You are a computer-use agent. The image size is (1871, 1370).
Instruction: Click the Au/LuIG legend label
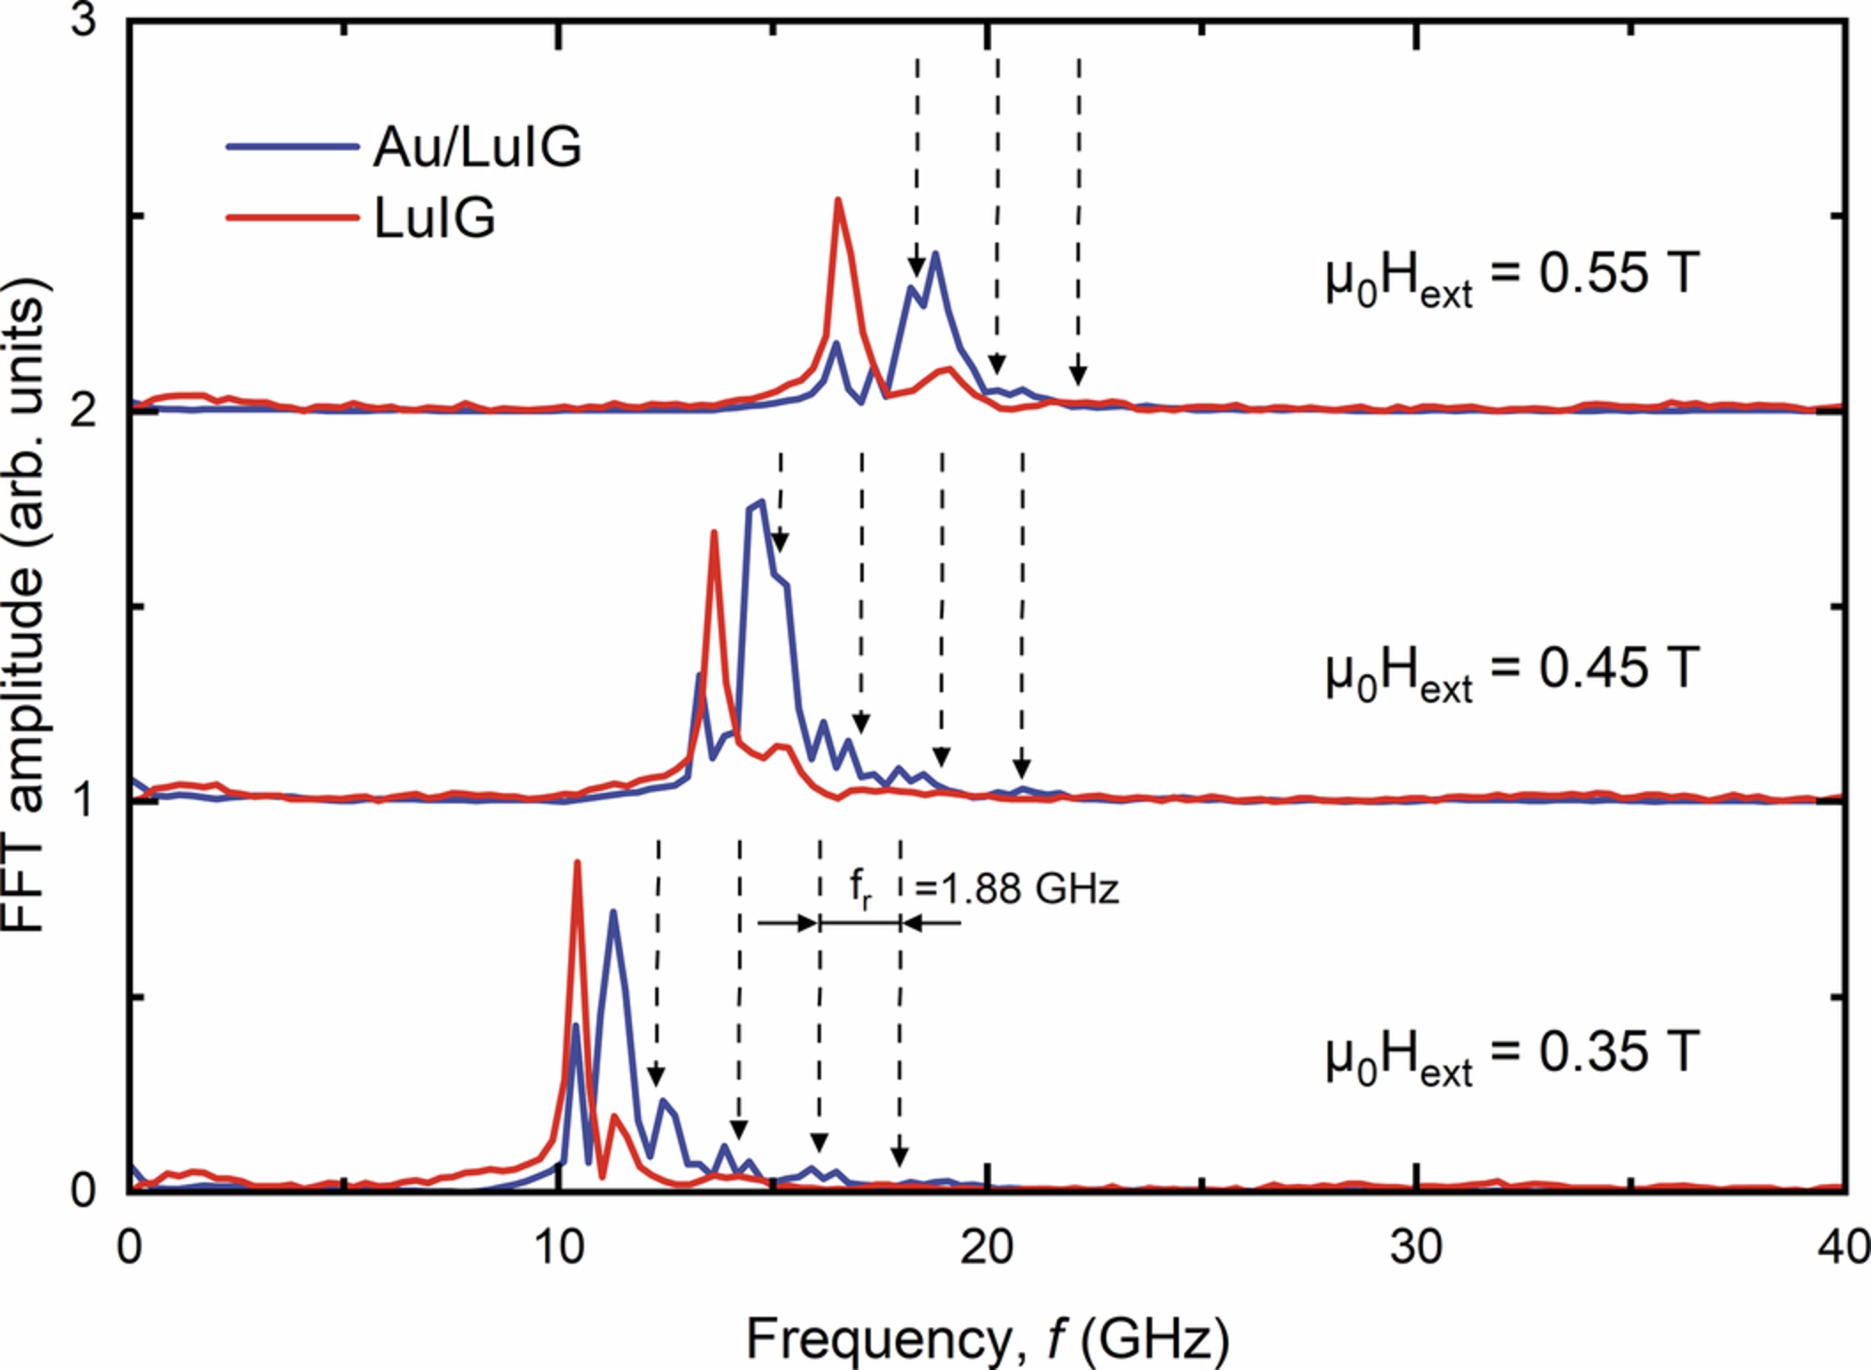477,148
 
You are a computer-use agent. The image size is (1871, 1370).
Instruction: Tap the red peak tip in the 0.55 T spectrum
838,200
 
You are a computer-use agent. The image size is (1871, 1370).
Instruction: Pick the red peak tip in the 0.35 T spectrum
577,863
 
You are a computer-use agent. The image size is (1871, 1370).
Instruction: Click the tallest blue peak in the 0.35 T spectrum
613,912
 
